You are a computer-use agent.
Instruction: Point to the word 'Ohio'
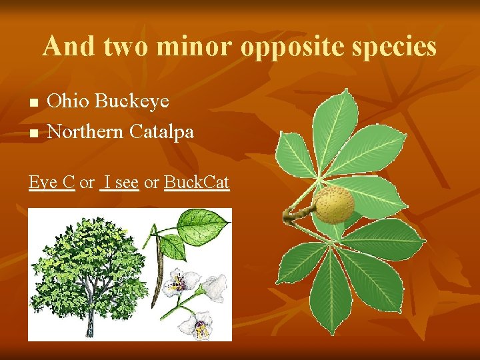pyautogui.click(x=69, y=101)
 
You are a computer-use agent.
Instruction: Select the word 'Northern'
pyautogui.click(x=86, y=131)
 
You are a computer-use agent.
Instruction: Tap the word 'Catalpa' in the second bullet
pyautogui.click(x=162, y=131)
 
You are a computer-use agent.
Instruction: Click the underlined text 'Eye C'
pyautogui.click(x=51, y=182)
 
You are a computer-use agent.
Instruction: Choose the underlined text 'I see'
pyautogui.click(x=119, y=182)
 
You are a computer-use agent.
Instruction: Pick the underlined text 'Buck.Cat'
pyautogui.click(x=197, y=182)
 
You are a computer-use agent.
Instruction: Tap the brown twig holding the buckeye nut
pyautogui.click(x=296, y=215)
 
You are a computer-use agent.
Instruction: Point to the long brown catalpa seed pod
pyautogui.click(x=158, y=280)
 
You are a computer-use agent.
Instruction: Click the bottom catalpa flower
pyautogui.click(x=199, y=325)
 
